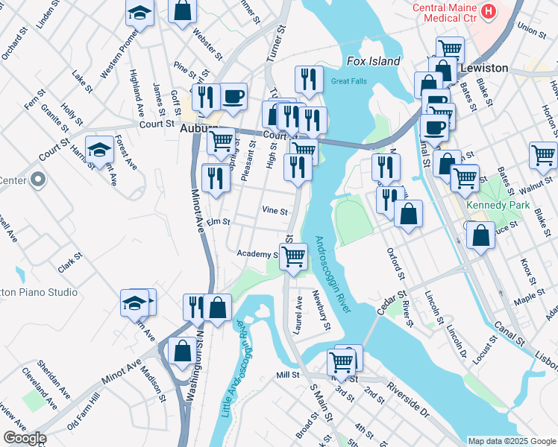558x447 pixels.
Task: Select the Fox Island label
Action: [374, 61]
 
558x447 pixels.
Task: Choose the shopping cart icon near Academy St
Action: [294, 256]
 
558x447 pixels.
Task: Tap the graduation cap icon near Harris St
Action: [99, 150]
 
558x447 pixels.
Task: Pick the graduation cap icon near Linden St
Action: [139, 13]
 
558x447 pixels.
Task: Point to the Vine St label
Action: [275, 211]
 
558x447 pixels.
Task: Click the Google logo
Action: [24, 438]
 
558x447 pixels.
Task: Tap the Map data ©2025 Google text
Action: [511, 441]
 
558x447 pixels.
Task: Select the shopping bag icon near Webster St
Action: [183, 10]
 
